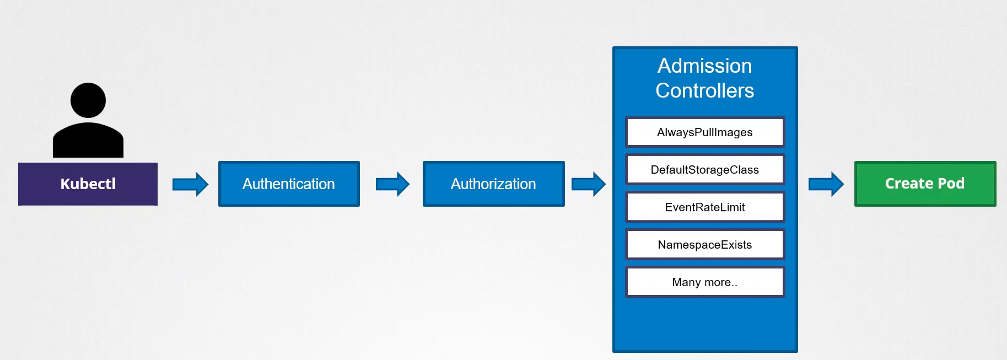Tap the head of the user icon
pos(88,100)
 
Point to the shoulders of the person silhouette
pos(88,141)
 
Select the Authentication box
pos(289,184)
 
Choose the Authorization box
pos(493,184)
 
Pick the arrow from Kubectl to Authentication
pos(190,184)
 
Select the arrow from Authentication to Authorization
pos(392,184)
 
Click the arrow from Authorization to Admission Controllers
pos(588,184)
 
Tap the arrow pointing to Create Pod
pos(826,184)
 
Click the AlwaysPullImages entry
pos(704,132)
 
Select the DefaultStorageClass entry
pos(704,170)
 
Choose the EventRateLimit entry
pos(704,207)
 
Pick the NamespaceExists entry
pos(704,245)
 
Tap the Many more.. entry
pos(704,282)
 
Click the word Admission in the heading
pos(704,66)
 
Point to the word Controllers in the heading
pos(704,91)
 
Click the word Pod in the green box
pos(951,184)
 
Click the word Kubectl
pos(88,184)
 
